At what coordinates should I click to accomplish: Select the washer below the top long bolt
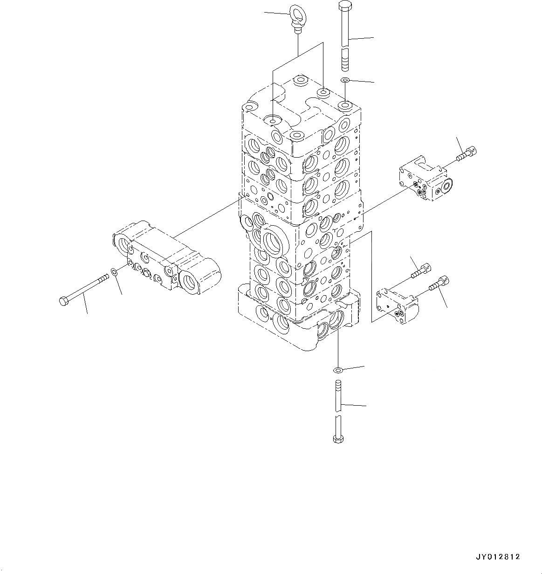[x=345, y=81]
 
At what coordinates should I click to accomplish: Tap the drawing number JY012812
[x=498, y=557]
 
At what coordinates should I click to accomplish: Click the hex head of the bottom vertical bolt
[x=338, y=439]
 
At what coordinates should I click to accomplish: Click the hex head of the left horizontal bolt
[x=64, y=301]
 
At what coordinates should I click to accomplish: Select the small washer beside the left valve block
[x=114, y=271]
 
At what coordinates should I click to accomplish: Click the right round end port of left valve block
[x=193, y=282]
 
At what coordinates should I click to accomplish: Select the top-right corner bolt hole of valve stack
[x=345, y=105]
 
